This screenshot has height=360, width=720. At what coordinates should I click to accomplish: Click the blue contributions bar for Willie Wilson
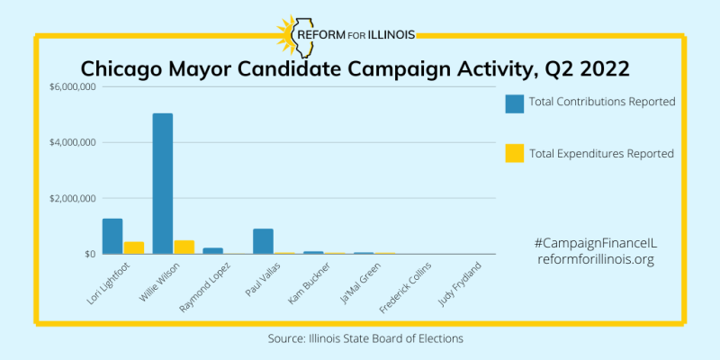click(x=162, y=184)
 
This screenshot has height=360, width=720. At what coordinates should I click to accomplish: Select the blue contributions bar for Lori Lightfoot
click(x=112, y=236)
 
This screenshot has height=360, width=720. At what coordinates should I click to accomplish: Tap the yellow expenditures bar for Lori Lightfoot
click(x=134, y=247)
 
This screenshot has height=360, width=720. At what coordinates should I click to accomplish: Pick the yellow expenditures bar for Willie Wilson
click(x=184, y=247)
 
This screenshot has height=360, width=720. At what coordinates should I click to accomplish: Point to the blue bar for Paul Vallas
click(x=263, y=241)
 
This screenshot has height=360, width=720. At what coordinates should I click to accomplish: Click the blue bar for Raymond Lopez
click(x=212, y=251)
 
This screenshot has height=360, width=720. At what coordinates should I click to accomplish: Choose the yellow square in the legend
click(x=514, y=154)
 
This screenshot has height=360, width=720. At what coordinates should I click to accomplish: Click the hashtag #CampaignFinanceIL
click(x=594, y=243)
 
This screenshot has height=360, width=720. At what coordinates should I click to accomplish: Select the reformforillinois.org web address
click(x=594, y=259)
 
